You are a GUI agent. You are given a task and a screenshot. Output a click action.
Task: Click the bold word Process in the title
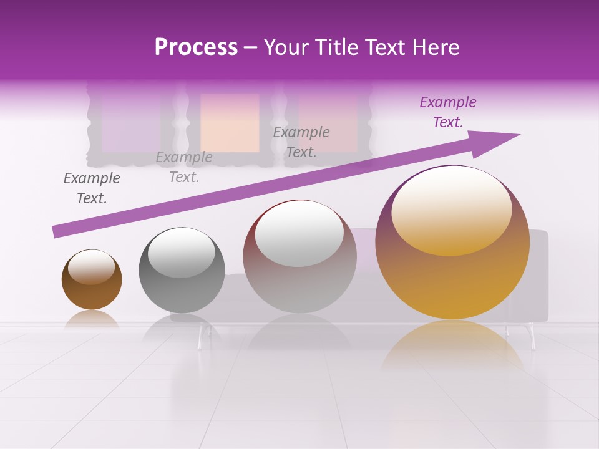click(196, 47)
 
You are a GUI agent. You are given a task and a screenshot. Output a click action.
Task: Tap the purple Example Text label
click(447, 112)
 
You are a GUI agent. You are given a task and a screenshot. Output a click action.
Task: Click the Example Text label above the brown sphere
click(91, 188)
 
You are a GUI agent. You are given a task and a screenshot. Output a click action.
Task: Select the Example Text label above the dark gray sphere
click(183, 167)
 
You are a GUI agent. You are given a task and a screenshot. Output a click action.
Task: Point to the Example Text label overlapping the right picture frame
click(301, 142)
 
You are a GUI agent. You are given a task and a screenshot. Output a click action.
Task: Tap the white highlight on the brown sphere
click(91, 266)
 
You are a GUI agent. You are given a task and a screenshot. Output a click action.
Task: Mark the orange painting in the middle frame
click(230, 123)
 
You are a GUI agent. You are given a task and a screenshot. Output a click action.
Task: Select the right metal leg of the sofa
click(532, 336)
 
